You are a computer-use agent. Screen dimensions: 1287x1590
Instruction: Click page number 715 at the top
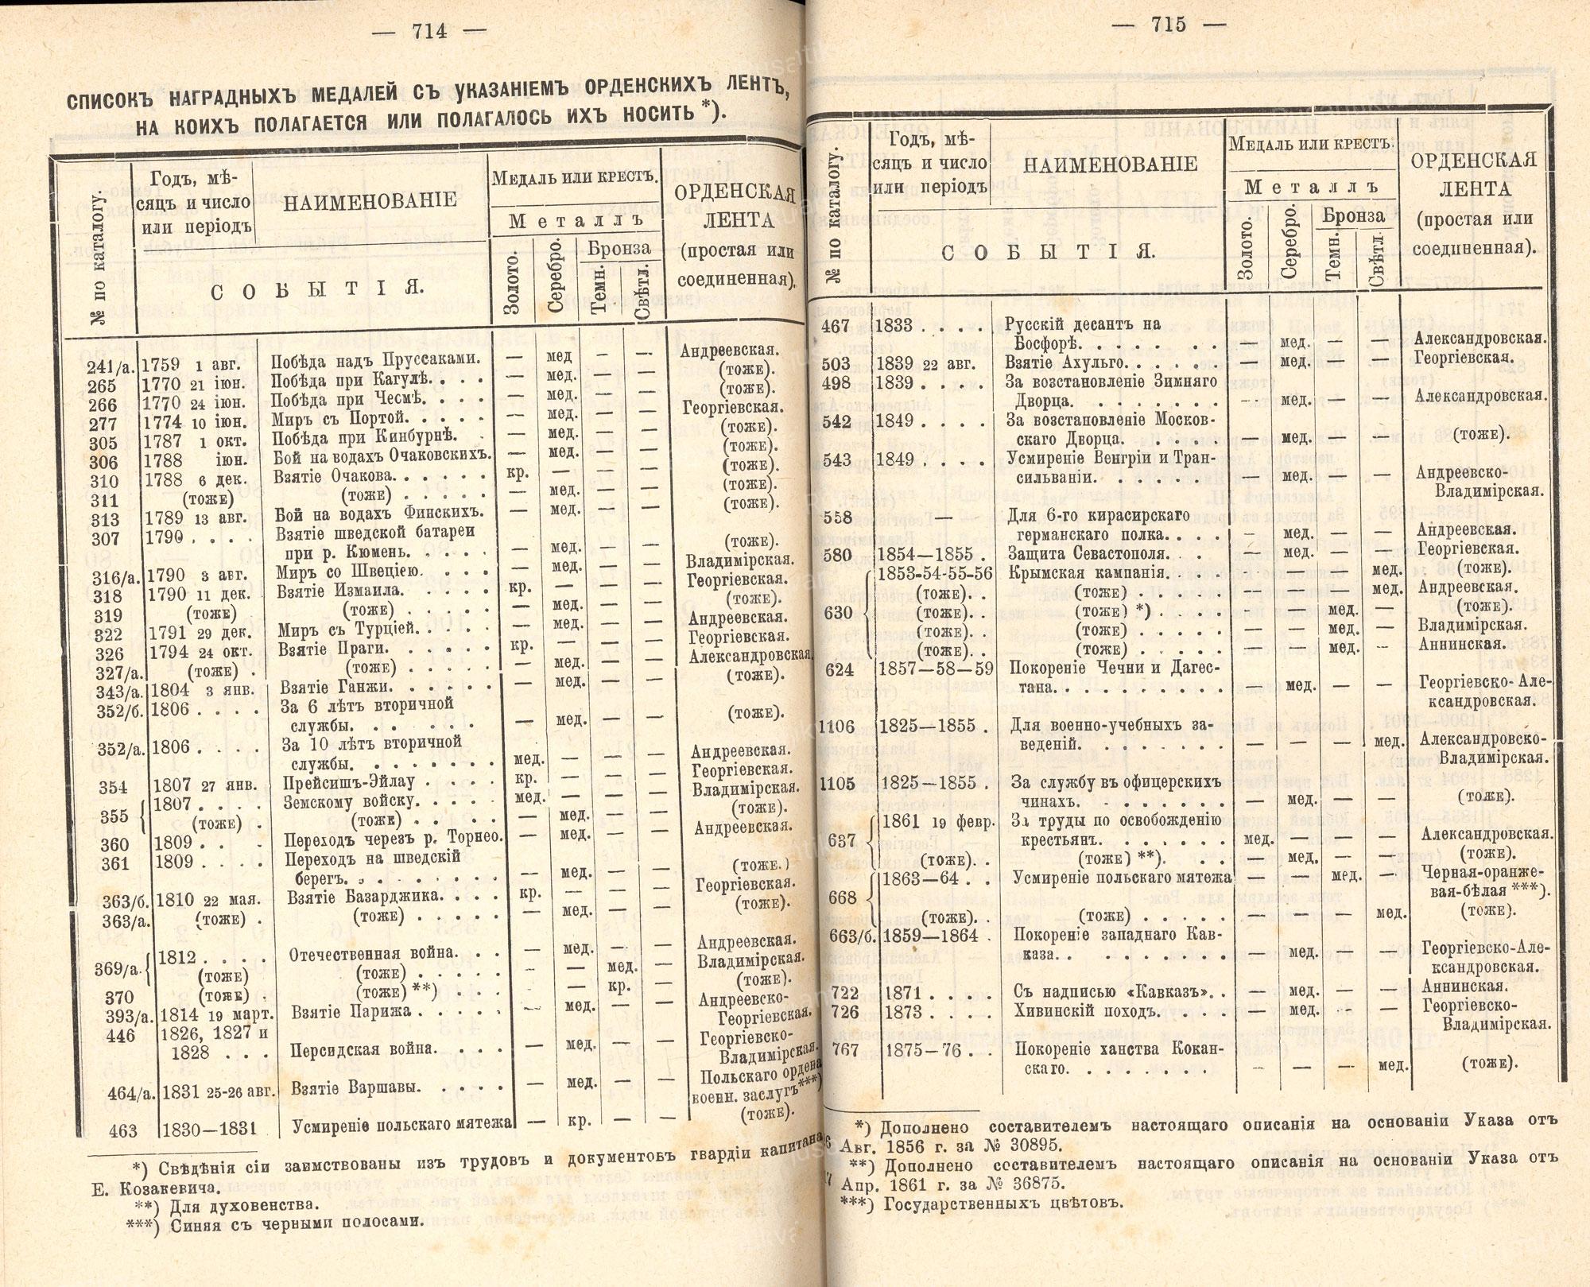click(x=1168, y=25)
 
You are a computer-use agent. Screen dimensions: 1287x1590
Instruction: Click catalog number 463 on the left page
click(x=123, y=1130)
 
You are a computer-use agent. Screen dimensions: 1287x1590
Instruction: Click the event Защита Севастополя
click(x=1088, y=554)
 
